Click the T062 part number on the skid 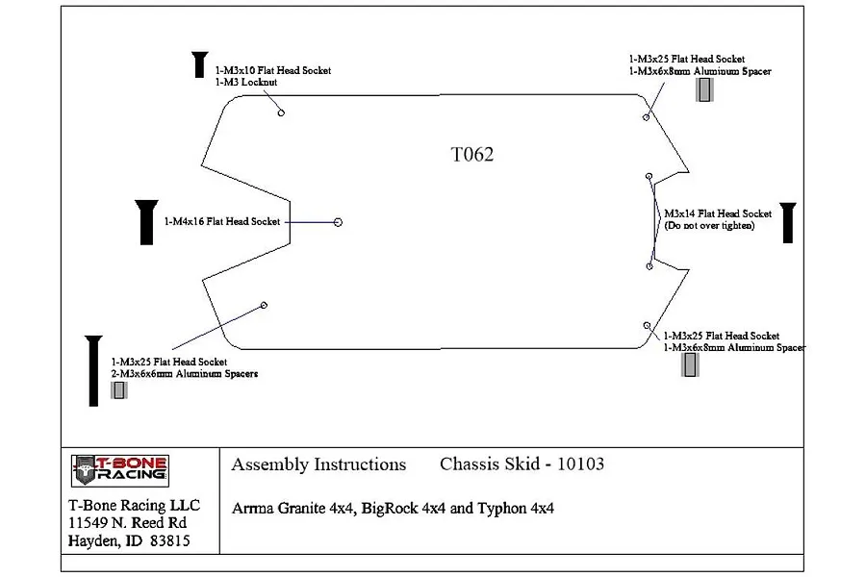pyautogui.click(x=472, y=154)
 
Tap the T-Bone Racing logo pyautogui.click(x=120, y=471)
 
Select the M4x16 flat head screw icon pyautogui.click(x=146, y=222)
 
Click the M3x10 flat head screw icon pyautogui.click(x=200, y=64)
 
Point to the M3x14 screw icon pyautogui.click(x=788, y=223)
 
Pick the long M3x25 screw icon pyautogui.click(x=94, y=370)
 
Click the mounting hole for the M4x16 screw pyautogui.click(x=338, y=222)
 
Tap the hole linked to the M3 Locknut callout pyautogui.click(x=281, y=113)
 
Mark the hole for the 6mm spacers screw pyautogui.click(x=264, y=306)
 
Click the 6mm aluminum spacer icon pyautogui.click(x=118, y=390)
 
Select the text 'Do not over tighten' pyautogui.click(x=709, y=225)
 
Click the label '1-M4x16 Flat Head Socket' pyautogui.click(x=222, y=221)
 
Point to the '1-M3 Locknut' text pyautogui.click(x=246, y=83)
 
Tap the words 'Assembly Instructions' pyautogui.click(x=318, y=464)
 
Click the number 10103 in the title pyautogui.click(x=580, y=464)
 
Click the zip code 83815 pyautogui.click(x=170, y=540)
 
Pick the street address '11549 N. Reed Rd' pyautogui.click(x=128, y=523)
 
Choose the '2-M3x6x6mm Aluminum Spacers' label pyautogui.click(x=185, y=374)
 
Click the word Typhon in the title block pyautogui.click(x=502, y=509)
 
